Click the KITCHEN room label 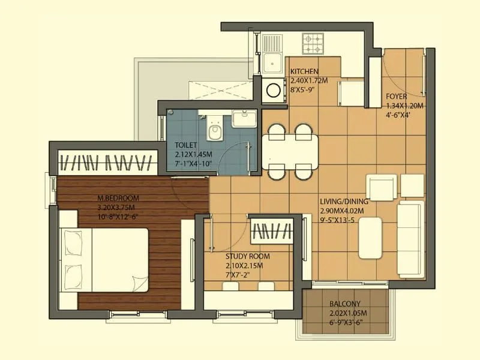304,71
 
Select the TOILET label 187,145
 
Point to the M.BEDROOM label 118,199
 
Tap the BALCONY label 344,304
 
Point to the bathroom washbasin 244,119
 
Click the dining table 290,151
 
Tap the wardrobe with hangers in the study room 271,230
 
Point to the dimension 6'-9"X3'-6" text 346,322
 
